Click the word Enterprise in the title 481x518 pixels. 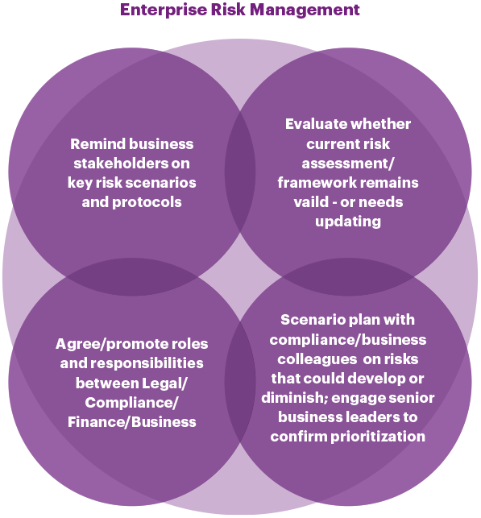(x=164, y=10)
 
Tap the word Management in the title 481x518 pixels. (x=305, y=9)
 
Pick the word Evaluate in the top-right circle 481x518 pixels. (x=316, y=124)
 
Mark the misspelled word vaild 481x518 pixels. (x=310, y=202)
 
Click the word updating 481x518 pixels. (x=348, y=222)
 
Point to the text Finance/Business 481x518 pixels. (x=132, y=422)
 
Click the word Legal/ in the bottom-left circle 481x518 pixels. (x=164, y=383)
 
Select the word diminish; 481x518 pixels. (x=294, y=398)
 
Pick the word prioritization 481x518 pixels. (x=378, y=437)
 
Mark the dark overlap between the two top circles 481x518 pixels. (x=240, y=171)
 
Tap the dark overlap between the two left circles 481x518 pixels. (x=132, y=277)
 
